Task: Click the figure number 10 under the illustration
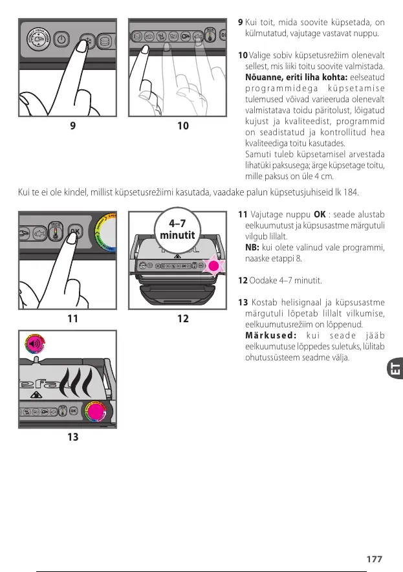tap(182, 126)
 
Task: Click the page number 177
tap(374, 559)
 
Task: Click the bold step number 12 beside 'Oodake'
tap(243, 280)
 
